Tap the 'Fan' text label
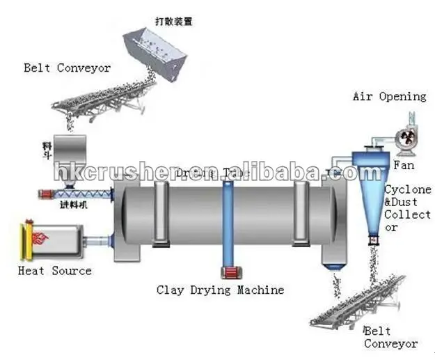pos(404,166)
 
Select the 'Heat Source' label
pos(54,270)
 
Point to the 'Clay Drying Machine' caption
pos(220,289)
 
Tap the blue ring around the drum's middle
pos(227,223)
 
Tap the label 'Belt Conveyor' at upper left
pos(67,68)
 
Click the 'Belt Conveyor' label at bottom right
pos(390,338)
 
